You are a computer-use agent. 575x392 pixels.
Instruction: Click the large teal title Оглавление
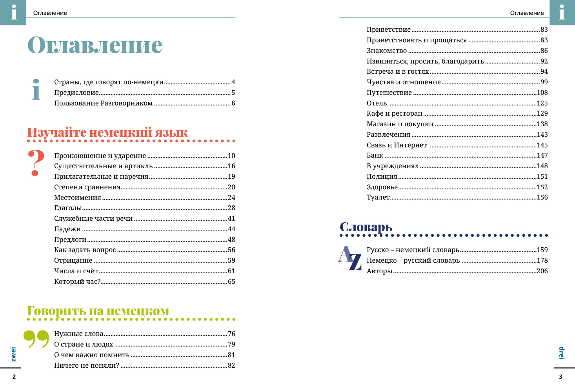[95, 45]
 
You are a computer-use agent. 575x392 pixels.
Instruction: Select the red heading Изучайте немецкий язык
[107, 132]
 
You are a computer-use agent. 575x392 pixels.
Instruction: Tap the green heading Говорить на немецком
[98, 311]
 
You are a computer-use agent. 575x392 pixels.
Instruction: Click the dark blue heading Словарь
[366, 227]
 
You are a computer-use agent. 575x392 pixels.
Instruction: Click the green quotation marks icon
[36, 339]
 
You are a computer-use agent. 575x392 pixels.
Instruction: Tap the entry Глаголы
[68, 208]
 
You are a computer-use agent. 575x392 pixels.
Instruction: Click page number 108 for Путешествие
[542, 93]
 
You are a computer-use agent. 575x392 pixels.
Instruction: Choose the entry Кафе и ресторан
[395, 114]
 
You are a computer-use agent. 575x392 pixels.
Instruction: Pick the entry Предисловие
[76, 93]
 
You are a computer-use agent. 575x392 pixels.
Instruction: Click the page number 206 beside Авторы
[542, 271]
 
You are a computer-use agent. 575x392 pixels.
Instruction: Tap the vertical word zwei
[14, 354]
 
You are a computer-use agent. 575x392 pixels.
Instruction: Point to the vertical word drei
[561, 353]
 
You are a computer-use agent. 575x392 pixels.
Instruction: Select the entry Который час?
[77, 282]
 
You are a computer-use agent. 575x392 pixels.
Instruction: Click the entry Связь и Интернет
[397, 145]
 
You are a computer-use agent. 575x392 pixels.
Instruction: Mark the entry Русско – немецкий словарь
[413, 250]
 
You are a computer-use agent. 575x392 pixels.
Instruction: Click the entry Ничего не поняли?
[86, 366]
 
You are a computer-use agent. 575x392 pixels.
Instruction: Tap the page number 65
[231, 282]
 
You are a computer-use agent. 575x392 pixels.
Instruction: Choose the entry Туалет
[378, 198]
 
